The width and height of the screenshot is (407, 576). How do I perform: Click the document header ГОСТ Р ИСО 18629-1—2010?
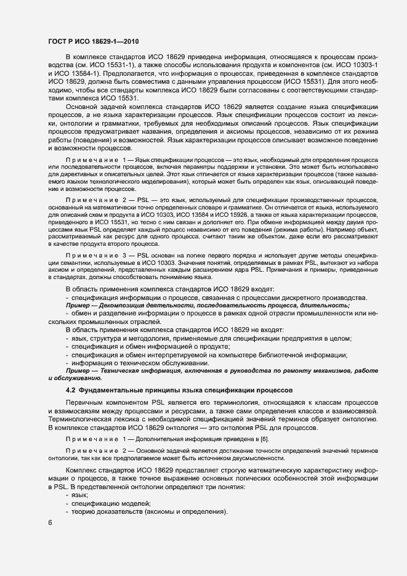click(93, 41)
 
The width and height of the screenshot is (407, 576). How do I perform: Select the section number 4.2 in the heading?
click(71, 391)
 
